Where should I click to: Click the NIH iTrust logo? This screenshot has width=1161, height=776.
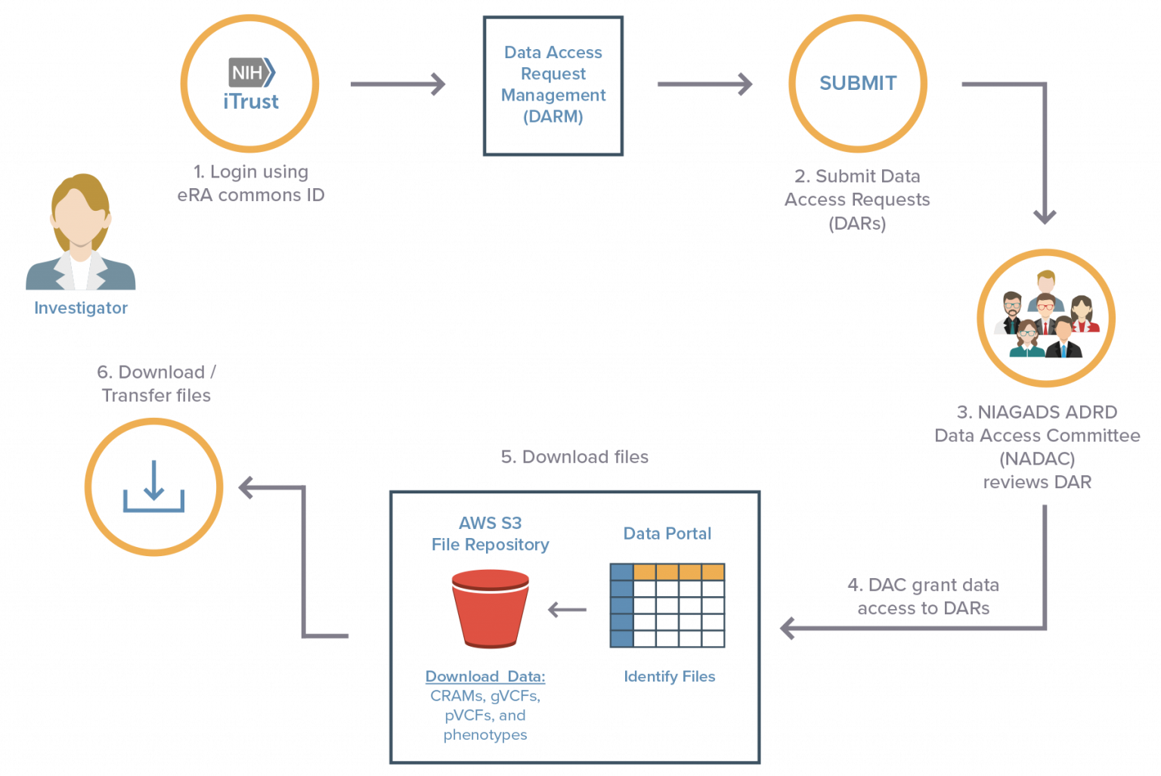[x=252, y=85]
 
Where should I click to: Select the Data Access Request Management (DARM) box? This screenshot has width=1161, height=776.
[x=553, y=85]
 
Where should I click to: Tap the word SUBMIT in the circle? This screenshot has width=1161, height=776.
[x=858, y=83]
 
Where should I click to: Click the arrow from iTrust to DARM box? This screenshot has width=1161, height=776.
[x=398, y=84]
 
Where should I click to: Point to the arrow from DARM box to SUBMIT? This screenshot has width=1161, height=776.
[x=704, y=84]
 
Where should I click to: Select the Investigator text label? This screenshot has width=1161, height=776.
[x=81, y=308]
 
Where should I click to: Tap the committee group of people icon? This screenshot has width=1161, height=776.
[x=1045, y=315]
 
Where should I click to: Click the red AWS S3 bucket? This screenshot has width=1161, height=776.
[x=491, y=608]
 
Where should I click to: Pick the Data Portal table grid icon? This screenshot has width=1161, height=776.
[x=667, y=605]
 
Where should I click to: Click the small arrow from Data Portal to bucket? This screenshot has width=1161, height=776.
[x=567, y=610]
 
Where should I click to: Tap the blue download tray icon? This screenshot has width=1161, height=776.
[x=154, y=487]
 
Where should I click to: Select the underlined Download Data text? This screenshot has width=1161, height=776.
[x=485, y=676]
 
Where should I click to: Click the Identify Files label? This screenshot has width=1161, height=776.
[x=670, y=677]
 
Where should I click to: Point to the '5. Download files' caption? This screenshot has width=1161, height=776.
[x=574, y=457]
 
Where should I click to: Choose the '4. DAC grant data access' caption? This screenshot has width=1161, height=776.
[x=924, y=597]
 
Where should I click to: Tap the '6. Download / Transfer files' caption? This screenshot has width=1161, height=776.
[x=156, y=384]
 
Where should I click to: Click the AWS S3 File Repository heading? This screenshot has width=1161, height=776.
[x=490, y=534]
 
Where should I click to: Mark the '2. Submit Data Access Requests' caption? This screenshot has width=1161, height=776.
[x=857, y=199]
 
